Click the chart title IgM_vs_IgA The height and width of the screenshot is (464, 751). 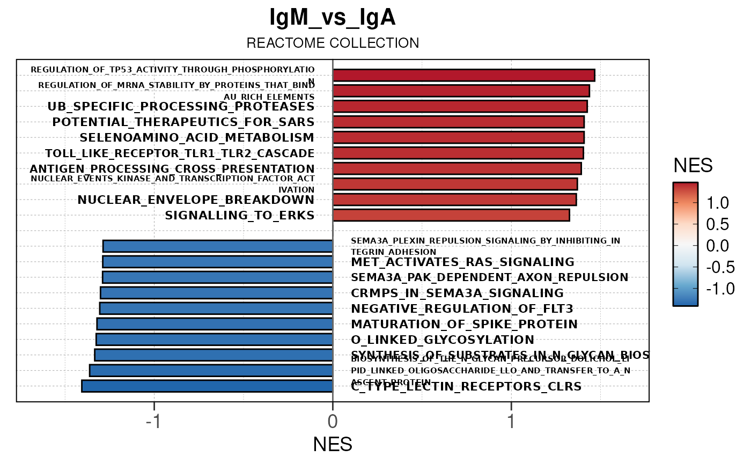(333, 18)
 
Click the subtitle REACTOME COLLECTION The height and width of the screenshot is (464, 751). (333, 43)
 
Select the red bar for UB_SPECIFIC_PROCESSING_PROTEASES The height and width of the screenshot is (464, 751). (460, 106)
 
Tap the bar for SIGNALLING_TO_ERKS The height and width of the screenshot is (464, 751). (451, 215)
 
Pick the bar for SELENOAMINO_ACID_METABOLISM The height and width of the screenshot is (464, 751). (458, 137)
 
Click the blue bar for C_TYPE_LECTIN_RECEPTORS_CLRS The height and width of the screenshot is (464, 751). (207, 386)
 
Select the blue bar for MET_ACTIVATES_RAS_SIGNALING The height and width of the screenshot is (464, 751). (218, 262)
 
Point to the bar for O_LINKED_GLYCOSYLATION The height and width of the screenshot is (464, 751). (215, 340)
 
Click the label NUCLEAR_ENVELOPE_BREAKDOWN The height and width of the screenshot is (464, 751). (196, 200)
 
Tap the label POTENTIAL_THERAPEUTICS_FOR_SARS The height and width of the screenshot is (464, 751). (183, 122)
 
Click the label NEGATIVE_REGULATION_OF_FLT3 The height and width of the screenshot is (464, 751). (462, 309)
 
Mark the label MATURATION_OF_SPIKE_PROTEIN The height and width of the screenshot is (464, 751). (464, 325)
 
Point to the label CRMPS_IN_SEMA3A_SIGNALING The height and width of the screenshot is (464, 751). (457, 293)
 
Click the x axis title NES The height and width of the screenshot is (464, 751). (333, 444)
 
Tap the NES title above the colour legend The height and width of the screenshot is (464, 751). (693, 166)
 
